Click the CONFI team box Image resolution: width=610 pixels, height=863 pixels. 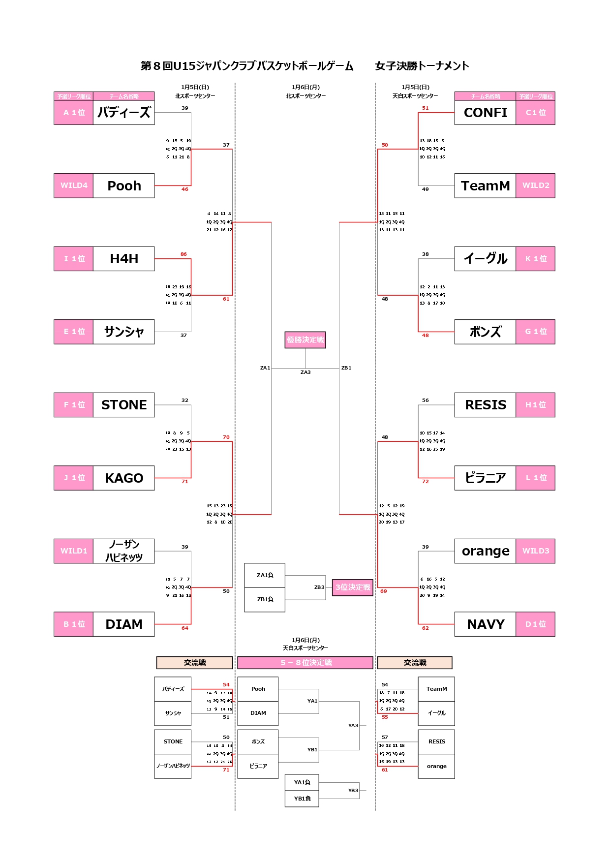click(485, 113)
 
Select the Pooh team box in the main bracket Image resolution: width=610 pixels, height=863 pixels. click(124, 186)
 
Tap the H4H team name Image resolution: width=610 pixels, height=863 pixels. click(124, 259)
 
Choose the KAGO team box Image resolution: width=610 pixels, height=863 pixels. click(124, 478)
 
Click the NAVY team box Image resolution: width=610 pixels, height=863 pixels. click(485, 624)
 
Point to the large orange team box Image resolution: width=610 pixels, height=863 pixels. click(485, 551)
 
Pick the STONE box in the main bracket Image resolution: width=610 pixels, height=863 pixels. click(124, 405)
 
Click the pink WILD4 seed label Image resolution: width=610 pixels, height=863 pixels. click(74, 185)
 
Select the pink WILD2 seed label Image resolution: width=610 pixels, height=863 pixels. click(535, 185)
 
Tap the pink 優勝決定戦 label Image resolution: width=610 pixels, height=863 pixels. click(305, 340)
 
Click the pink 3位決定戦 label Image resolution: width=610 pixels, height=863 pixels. click(353, 587)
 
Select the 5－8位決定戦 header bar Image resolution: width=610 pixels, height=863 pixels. click(305, 663)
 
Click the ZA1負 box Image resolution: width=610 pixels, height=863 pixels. click(265, 575)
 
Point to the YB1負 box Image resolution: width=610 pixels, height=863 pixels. click(302, 799)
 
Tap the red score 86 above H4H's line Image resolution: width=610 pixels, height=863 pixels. click(183, 254)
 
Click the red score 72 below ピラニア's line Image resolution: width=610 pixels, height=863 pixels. click(426, 482)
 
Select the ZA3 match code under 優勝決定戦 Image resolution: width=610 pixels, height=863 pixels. click(305, 372)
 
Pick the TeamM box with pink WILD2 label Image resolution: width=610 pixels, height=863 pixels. click(485, 186)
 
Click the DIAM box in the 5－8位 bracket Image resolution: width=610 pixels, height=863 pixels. click(258, 713)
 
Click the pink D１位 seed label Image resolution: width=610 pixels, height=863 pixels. click(535, 624)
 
